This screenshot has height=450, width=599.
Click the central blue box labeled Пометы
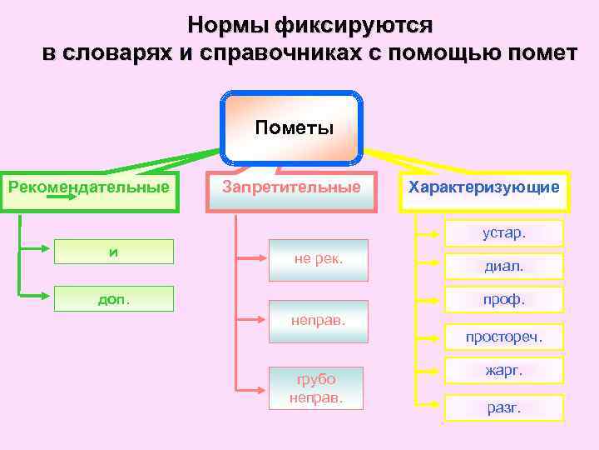coord(292,127)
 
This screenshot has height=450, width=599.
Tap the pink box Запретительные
coord(292,187)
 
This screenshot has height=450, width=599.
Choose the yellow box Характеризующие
coord(483,187)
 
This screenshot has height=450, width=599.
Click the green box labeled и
coord(114,251)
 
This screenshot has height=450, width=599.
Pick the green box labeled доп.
coord(114,298)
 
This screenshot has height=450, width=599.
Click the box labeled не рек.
coord(319,259)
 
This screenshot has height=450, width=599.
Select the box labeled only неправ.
coord(319,320)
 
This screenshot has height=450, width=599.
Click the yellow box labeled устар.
coord(504,232)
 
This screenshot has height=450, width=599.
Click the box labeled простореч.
coord(504,337)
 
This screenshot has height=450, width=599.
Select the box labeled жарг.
coord(504,369)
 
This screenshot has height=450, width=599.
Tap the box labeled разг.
coord(504,407)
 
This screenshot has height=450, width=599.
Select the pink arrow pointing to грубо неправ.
coord(255,388)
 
